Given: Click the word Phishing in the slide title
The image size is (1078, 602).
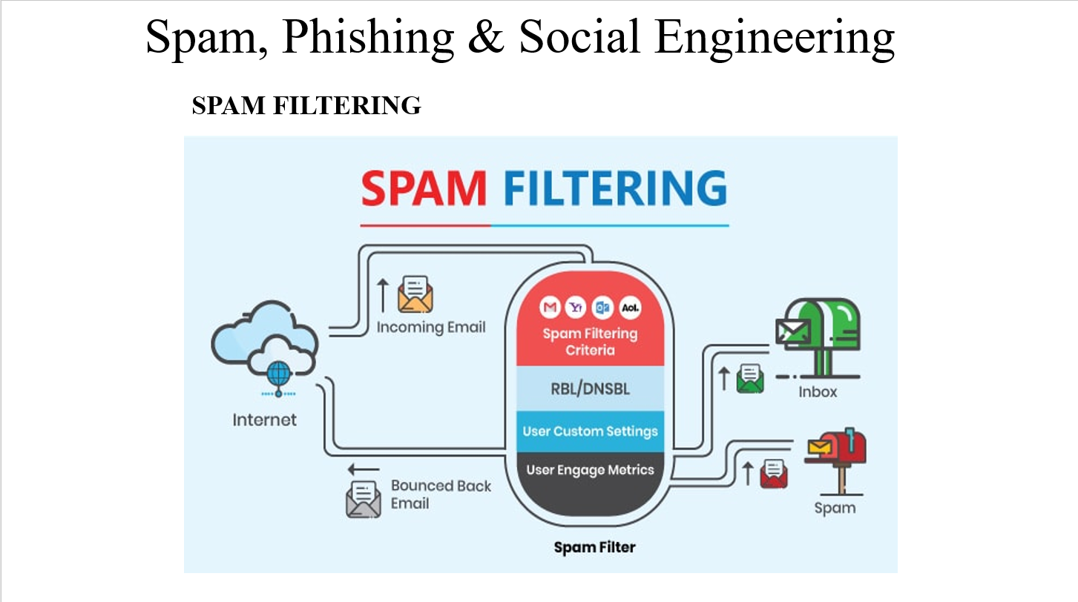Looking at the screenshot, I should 368,37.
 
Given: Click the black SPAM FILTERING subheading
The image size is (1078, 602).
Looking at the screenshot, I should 306,106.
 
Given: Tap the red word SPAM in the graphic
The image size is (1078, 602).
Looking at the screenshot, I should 423,188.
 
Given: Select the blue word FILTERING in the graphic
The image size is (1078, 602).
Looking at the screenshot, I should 615,188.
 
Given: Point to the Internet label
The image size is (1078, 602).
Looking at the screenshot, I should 264,420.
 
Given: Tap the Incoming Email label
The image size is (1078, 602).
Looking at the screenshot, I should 431,327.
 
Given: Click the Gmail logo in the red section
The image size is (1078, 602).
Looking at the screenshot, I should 550,307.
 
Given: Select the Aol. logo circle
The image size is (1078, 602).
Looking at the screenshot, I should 630,307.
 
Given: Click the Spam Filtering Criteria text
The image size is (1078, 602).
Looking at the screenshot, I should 590,341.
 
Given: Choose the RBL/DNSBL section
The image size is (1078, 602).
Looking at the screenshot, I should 590,388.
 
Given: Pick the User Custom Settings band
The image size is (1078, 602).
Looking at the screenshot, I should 590,431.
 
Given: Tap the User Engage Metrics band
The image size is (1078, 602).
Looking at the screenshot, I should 590,470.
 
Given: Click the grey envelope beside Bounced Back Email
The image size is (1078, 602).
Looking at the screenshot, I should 363,498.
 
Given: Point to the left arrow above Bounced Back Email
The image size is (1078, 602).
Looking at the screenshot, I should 364,469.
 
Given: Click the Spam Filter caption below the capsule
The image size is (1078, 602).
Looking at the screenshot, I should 594,548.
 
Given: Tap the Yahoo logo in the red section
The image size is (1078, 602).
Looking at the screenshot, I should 576,307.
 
